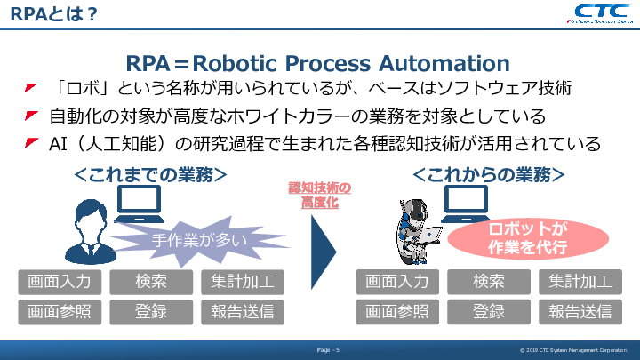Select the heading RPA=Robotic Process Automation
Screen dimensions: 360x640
(319, 63)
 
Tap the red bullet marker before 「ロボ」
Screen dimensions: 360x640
(31, 89)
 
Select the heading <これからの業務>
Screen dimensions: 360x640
(488, 173)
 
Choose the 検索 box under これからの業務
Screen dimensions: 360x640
(489, 282)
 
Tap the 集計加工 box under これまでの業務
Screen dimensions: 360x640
(243, 282)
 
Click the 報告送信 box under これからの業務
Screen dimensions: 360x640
(580, 311)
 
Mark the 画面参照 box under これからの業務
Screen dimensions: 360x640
(397, 311)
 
